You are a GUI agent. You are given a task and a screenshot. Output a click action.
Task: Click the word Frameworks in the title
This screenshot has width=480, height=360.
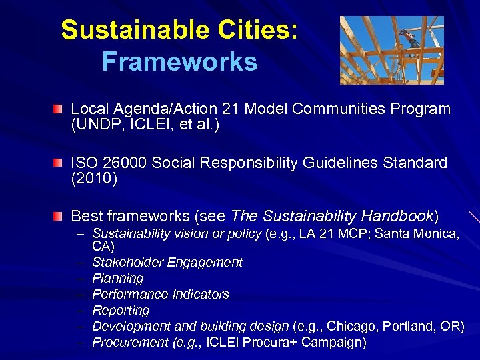click(x=179, y=62)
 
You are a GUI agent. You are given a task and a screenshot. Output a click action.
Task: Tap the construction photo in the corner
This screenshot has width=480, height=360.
click(x=391, y=50)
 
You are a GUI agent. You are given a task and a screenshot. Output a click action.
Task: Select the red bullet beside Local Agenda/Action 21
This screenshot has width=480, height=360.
click(x=60, y=108)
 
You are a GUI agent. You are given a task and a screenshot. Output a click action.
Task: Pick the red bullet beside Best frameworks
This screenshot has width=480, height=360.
click(x=60, y=216)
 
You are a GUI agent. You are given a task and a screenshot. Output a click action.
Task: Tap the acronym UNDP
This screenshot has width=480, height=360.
click(x=97, y=124)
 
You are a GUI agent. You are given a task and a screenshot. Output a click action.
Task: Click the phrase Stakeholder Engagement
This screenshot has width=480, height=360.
click(x=167, y=262)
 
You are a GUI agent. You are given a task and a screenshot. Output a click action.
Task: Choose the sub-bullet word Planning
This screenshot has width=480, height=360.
click(x=118, y=278)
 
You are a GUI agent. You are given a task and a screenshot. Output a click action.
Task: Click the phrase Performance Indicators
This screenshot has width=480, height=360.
click(x=161, y=294)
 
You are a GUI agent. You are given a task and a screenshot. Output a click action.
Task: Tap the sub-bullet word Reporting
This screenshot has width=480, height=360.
click(x=121, y=310)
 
